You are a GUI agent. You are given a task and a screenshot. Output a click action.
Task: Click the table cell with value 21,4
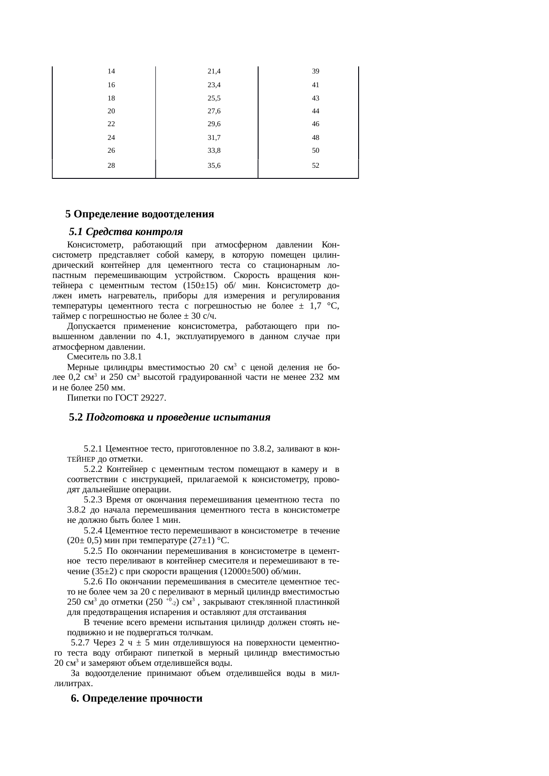coord(214,71)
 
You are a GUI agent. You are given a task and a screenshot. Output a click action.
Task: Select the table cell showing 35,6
coord(214,166)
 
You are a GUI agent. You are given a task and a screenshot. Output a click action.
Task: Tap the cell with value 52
coord(316,166)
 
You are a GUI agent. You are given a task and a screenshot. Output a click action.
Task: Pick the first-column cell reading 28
coord(112,166)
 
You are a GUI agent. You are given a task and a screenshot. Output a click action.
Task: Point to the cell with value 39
coord(316,71)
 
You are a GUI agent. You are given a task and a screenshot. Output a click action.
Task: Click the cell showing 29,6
coord(214,124)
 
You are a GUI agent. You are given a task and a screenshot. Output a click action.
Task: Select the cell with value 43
coord(316,98)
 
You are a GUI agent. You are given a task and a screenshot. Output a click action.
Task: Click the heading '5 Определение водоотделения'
coord(139,214)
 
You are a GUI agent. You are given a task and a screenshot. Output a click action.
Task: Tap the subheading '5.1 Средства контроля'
coord(126,232)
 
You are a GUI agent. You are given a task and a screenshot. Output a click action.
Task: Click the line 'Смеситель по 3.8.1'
coord(104,357)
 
